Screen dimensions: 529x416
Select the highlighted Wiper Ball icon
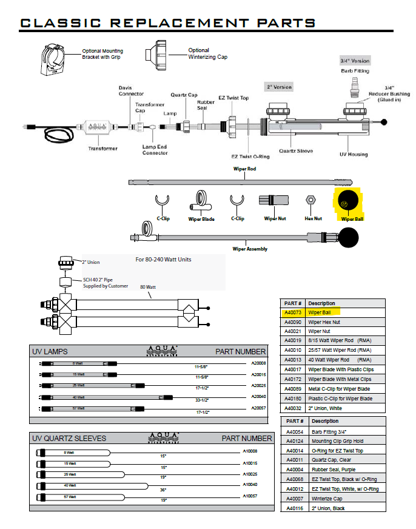347,200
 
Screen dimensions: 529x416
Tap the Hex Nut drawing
309,200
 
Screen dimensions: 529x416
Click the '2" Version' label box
279,87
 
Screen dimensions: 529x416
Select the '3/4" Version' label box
354,61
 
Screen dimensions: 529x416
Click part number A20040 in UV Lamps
259,396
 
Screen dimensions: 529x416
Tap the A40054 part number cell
294,432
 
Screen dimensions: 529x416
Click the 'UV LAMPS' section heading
50,352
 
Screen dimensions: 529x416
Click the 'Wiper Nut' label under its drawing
275,218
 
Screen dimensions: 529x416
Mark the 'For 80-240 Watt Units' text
163,260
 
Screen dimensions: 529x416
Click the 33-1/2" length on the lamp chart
201,400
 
